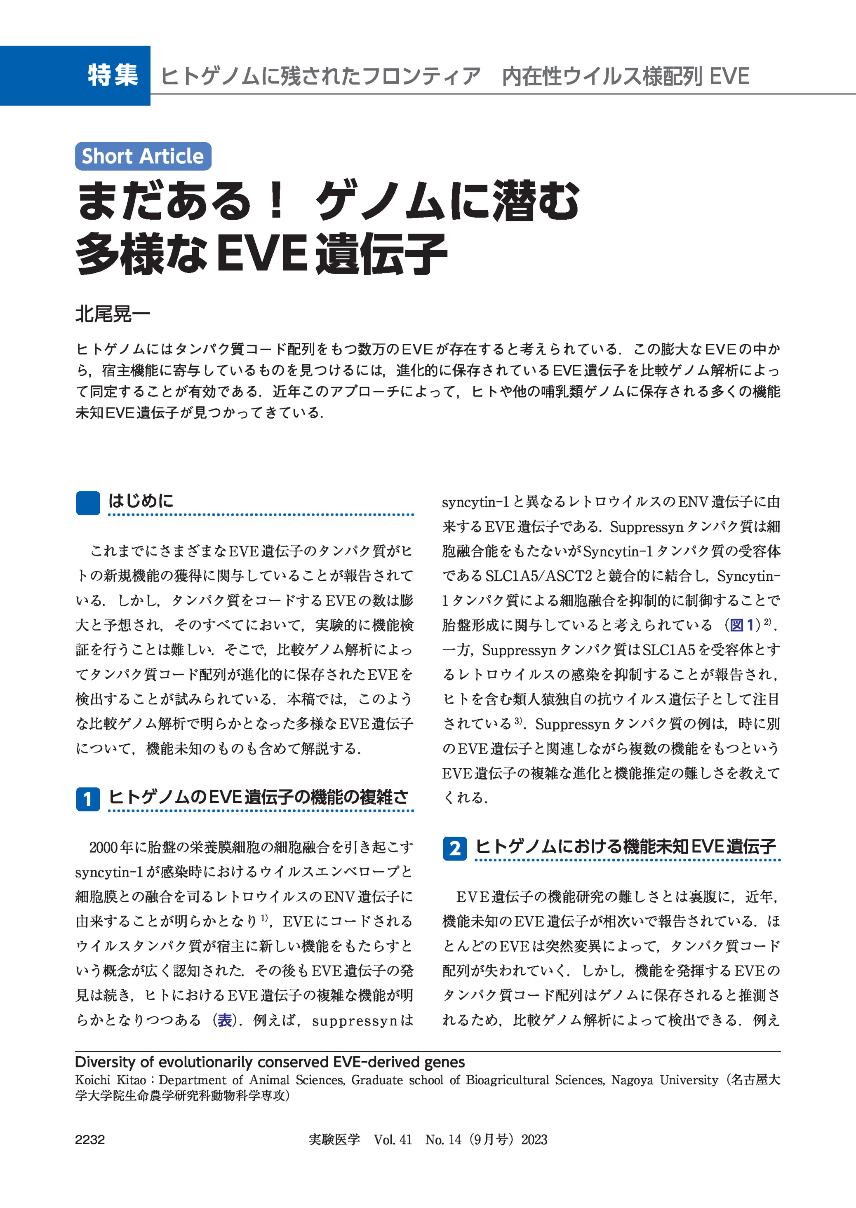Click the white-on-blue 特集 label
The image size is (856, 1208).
click(x=113, y=75)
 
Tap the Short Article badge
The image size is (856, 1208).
click(x=143, y=157)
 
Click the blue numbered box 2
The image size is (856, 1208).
click(x=454, y=848)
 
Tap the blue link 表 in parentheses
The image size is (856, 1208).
click(x=225, y=1020)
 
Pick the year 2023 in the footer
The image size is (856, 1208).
click(x=534, y=1140)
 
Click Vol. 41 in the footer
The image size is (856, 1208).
click(x=392, y=1140)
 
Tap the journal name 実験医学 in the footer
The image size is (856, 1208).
click(x=334, y=1140)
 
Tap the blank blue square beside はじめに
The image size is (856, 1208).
click(x=87, y=502)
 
